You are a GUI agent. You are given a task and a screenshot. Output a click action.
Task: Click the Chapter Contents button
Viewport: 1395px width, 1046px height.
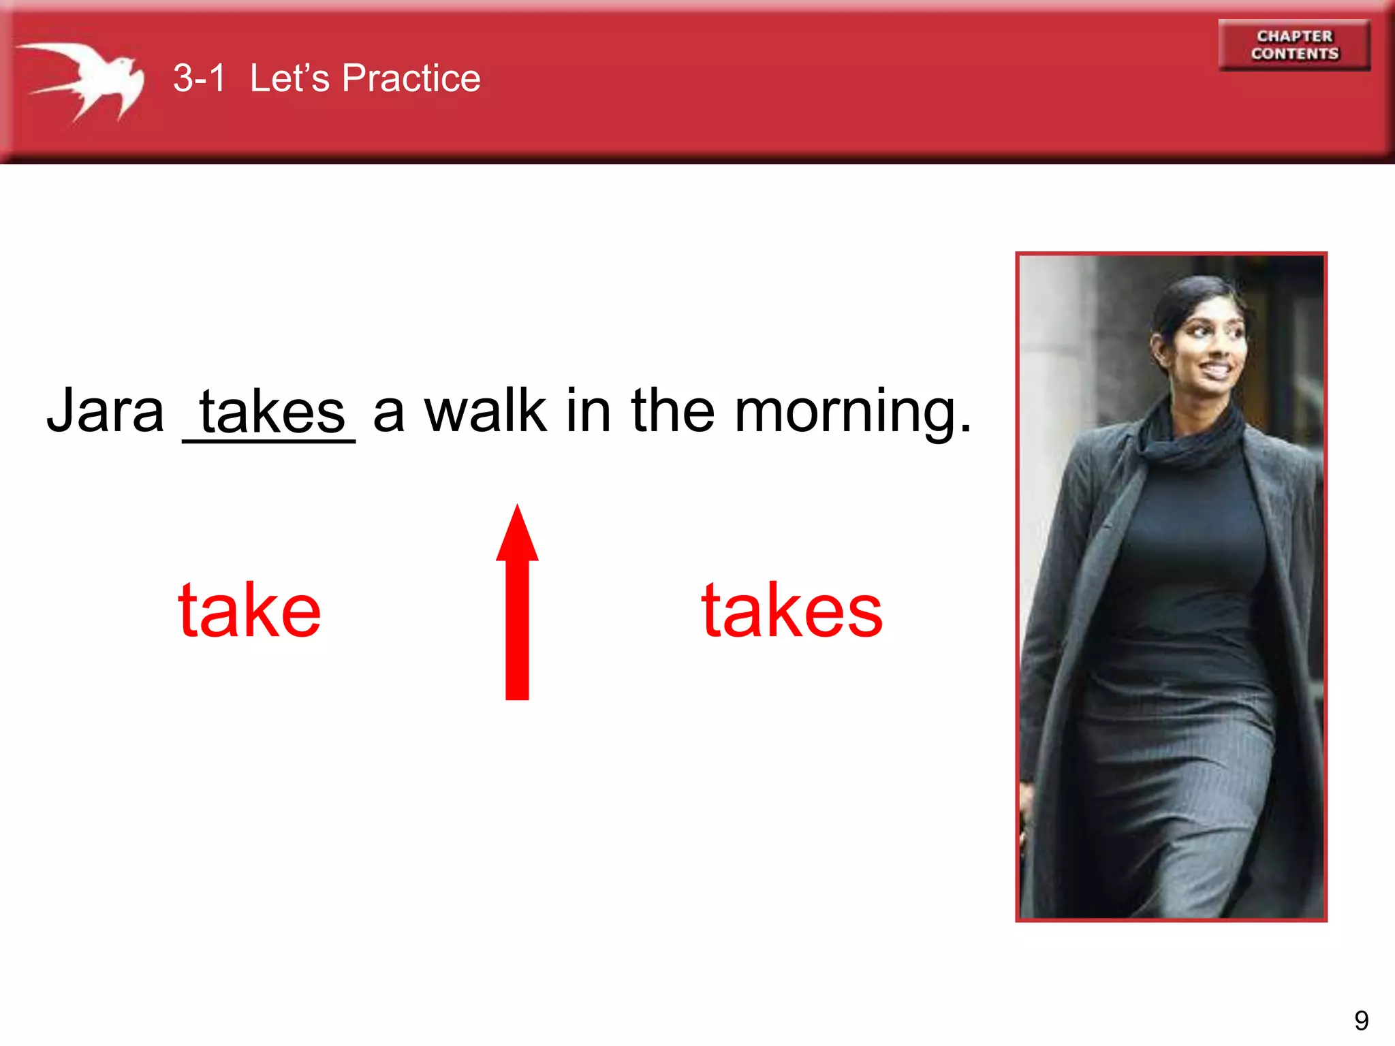click(x=1294, y=45)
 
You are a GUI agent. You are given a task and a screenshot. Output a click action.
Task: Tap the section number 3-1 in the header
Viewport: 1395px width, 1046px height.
click(x=199, y=78)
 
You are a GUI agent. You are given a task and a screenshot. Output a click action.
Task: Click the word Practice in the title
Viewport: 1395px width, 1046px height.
click(x=411, y=78)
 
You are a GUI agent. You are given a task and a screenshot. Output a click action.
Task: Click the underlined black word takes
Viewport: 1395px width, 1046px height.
click(x=272, y=413)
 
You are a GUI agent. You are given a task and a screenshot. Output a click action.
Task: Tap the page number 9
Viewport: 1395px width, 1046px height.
click(x=1361, y=1020)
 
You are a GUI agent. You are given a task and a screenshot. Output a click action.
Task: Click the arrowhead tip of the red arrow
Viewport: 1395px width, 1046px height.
click(x=518, y=511)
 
